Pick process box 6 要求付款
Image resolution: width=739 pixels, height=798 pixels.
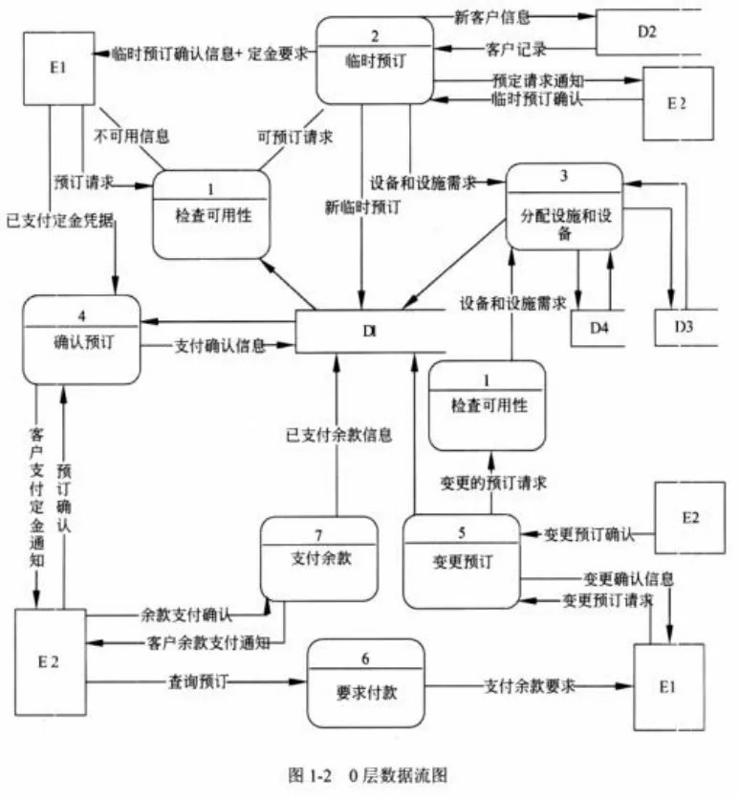[365, 684]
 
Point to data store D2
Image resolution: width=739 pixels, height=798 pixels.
[647, 32]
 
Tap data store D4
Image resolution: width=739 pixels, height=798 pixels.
[598, 328]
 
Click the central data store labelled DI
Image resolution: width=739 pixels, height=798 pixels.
[369, 331]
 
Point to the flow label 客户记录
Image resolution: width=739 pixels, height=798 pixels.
[507, 48]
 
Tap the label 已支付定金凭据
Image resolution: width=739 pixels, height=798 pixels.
[59, 220]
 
